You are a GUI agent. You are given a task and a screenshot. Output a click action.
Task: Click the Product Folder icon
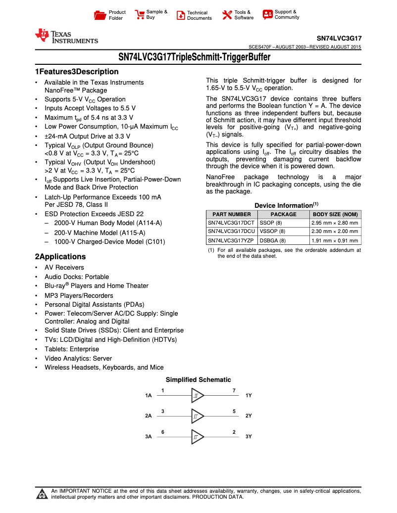click(x=100, y=15)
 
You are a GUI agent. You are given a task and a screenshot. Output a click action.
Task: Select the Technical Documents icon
click(x=181, y=15)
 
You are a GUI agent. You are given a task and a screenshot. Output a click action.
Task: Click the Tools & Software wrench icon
click(x=227, y=15)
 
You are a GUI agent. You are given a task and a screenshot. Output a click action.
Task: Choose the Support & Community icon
click(x=268, y=15)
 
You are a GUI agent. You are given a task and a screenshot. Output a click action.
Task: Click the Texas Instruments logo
click(x=66, y=37)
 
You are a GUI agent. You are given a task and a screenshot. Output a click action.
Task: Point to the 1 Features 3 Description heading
click(x=77, y=72)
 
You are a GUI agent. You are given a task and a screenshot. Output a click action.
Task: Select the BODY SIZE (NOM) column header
click(x=335, y=214)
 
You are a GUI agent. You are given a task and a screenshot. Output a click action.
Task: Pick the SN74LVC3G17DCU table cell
click(x=231, y=232)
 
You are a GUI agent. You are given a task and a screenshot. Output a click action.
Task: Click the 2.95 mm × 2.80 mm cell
click(x=335, y=223)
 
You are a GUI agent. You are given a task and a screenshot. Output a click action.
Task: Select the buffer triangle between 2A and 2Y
click(x=197, y=416)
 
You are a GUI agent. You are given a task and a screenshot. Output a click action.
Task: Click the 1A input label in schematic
click(x=149, y=396)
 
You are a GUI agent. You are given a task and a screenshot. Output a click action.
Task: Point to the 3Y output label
click(x=248, y=437)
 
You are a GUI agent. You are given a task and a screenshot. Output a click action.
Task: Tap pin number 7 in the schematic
click(x=234, y=391)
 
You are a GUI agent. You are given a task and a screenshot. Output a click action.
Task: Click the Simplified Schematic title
click(x=198, y=380)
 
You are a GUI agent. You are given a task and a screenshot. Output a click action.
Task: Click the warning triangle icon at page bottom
click(x=42, y=494)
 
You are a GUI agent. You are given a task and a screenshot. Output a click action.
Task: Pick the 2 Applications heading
click(x=60, y=257)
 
